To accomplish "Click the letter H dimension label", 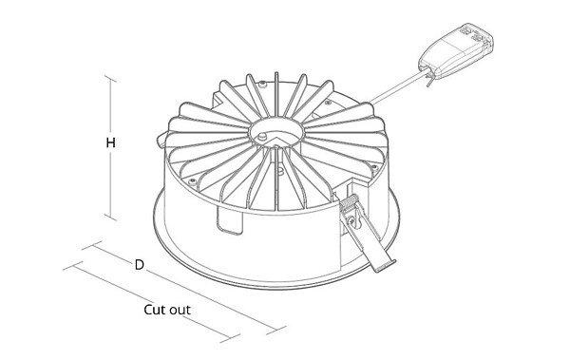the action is coord(111,142).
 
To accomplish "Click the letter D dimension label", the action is coord(140,265).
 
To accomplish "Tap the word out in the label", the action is coord(180,311).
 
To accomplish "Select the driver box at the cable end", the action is coord(456,51).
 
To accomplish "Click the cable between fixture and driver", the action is coord(398,87).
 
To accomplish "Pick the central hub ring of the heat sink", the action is coord(276,132).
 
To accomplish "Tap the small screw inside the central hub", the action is coord(261,137).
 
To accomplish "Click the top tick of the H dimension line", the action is coord(110,79).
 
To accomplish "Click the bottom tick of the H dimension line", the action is coord(110,218).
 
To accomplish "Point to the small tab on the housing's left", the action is coord(161,140).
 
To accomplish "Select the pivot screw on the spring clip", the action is coord(351,220).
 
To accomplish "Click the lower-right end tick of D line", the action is coord(275,331).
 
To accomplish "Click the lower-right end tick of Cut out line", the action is coord(230,338).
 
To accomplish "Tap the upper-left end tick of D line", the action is coord(92,245).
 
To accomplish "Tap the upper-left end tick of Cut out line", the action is coord(73,266).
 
